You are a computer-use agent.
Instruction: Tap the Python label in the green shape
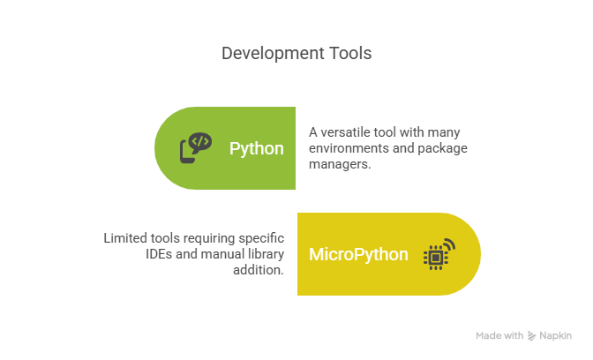point(257,148)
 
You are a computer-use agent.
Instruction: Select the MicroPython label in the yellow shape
point(358,255)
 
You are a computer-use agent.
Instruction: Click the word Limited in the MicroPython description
point(125,238)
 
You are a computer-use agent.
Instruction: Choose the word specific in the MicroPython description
point(262,238)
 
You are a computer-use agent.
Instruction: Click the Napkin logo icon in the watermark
point(532,336)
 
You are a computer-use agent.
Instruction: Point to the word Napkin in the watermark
point(556,336)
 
